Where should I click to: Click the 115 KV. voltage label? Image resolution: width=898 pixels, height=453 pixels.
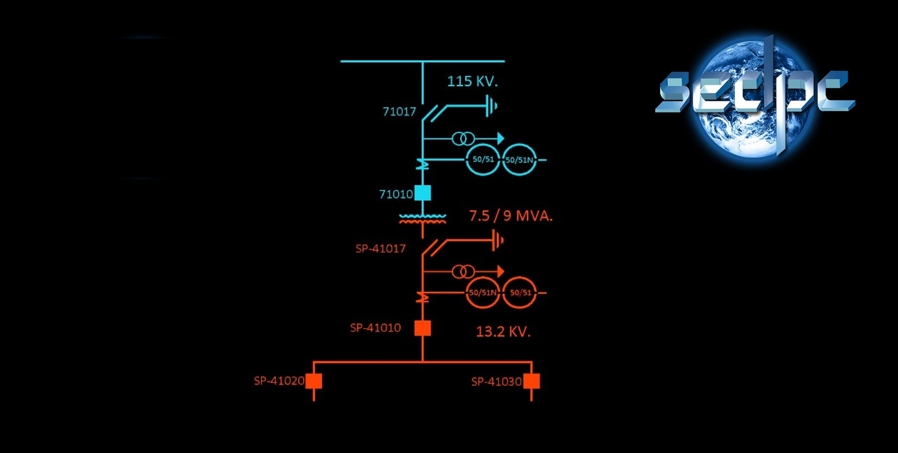pyautogui.click(x=472, y=81)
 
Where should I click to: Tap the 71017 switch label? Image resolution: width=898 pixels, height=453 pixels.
pyautogui.click(x=399, y=111)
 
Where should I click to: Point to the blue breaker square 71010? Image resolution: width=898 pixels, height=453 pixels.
pyautogui.click(x=423, y=193)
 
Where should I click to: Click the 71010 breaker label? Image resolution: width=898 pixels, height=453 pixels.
pyautogui.click(x=396, y=194)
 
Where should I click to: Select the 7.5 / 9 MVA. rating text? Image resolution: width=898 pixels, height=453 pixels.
pyautogui.click(x=511, y=216)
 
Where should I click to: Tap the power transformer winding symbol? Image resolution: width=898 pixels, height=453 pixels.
pyautogui.click(x=423, y=219)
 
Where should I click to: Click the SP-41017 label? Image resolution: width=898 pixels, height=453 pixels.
pyautogui.click(x=380, y=248)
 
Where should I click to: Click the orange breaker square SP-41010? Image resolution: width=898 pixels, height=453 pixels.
pyautogui.click(x=423, y=328)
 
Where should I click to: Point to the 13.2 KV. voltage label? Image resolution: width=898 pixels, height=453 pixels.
pyautogui.click(x=503, y=332)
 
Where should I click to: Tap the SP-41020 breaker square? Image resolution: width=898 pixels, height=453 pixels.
pyautogui.click(x=314, y=381)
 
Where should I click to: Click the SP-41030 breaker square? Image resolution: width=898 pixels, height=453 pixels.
pyautogui.click(x=532, y=381)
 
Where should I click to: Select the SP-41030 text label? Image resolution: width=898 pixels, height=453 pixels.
pyautogui.click(x=496, y=382)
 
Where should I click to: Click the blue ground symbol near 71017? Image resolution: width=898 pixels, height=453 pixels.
pyautogui.click(x=492, y=106)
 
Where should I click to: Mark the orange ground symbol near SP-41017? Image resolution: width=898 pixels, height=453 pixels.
pyautogui.click(x=497, y=241)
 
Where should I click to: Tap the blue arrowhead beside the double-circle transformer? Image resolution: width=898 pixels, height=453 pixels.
pyautogui.click(x=501, y=138)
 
